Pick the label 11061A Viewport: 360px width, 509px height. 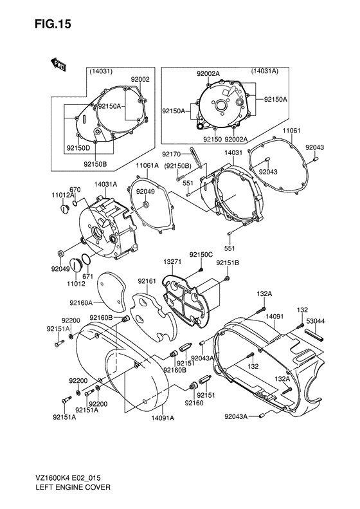point(147,165)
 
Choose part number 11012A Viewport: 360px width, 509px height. point(62,195)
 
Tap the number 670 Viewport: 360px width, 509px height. point(75,189)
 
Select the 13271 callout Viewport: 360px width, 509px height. point(172,263)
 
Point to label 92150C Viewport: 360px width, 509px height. point(201,255)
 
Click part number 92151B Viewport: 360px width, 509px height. point(228,263)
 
